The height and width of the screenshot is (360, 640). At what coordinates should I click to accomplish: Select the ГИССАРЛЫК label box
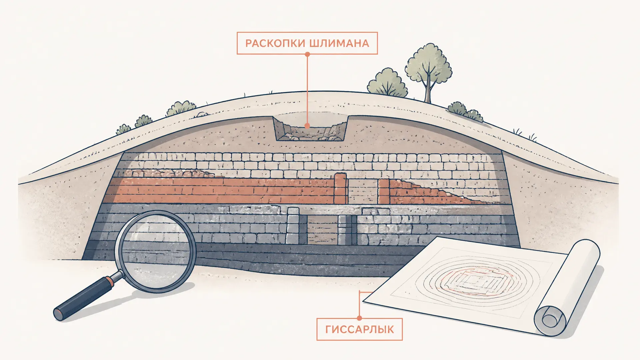coord(359,329)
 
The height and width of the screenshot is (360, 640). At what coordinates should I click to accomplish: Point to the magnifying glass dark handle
coord(85,297)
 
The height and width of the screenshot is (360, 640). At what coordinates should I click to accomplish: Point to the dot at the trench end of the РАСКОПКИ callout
coord(307,126)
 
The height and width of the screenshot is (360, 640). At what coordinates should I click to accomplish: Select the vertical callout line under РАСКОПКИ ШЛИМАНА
coord(307,90)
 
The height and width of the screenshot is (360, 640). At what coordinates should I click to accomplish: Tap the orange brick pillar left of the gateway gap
coord(341,189)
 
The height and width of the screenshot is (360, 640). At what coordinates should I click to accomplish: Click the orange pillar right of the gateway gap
coord(384,191)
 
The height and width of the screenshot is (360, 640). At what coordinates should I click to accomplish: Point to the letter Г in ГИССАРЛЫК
coord(328,330)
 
